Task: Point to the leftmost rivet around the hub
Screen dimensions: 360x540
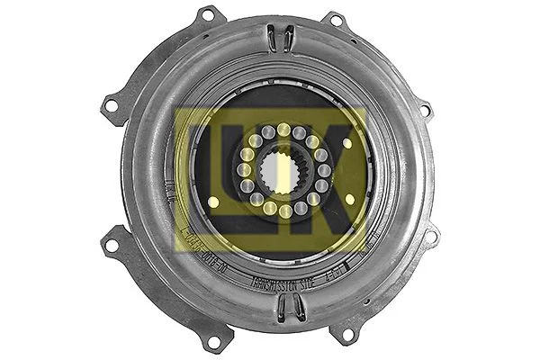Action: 243,170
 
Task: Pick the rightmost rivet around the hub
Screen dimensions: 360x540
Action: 324,170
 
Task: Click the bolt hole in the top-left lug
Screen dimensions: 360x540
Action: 208,15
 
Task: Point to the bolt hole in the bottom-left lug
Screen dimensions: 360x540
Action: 212,341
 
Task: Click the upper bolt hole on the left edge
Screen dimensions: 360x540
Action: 112,106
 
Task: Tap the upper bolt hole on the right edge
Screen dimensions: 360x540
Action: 426,110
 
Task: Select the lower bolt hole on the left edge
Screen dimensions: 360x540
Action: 112,240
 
